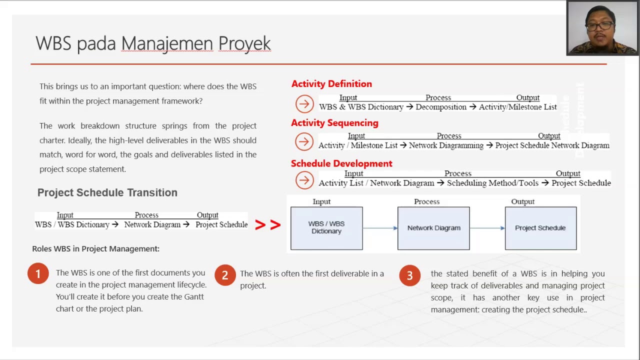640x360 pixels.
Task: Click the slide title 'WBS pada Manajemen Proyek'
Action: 153,43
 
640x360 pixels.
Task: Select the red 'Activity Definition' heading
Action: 331,84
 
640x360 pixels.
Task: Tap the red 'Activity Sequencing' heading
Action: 334,123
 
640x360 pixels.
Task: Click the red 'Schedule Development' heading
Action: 341,163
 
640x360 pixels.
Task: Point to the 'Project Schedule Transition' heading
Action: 107,192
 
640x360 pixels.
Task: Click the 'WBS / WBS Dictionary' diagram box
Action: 326,228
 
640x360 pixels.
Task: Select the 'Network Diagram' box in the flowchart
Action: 433,228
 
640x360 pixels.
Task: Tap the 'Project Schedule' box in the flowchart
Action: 540,228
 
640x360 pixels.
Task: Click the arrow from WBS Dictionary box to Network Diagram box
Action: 380,228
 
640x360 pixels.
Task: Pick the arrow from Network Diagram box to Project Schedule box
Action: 487,228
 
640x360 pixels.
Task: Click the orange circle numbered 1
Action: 38,274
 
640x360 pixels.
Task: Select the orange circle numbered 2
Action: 225,275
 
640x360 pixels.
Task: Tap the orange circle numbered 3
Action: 409,275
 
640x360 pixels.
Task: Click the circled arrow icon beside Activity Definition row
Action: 304,104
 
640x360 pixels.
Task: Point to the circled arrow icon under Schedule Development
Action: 304,180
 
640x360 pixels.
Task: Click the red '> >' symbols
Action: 267,225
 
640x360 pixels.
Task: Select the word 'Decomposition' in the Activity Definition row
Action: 440,107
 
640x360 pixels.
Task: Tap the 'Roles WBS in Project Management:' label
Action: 96,248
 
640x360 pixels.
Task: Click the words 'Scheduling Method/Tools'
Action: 492,183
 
